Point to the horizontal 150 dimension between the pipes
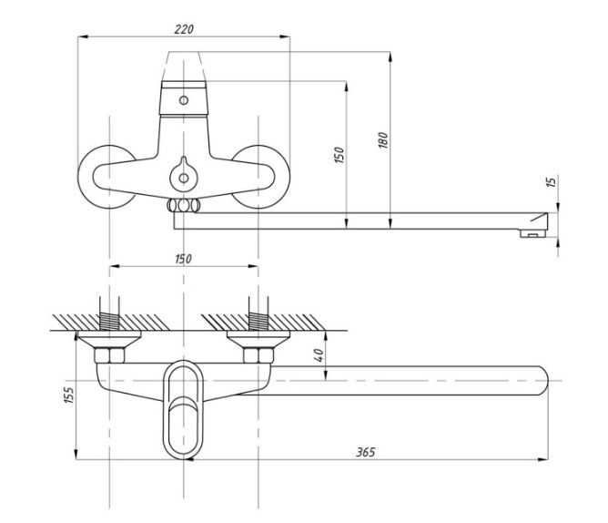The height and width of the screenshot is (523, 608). tap(183, 260)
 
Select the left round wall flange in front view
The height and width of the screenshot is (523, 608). tap(104, 177)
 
